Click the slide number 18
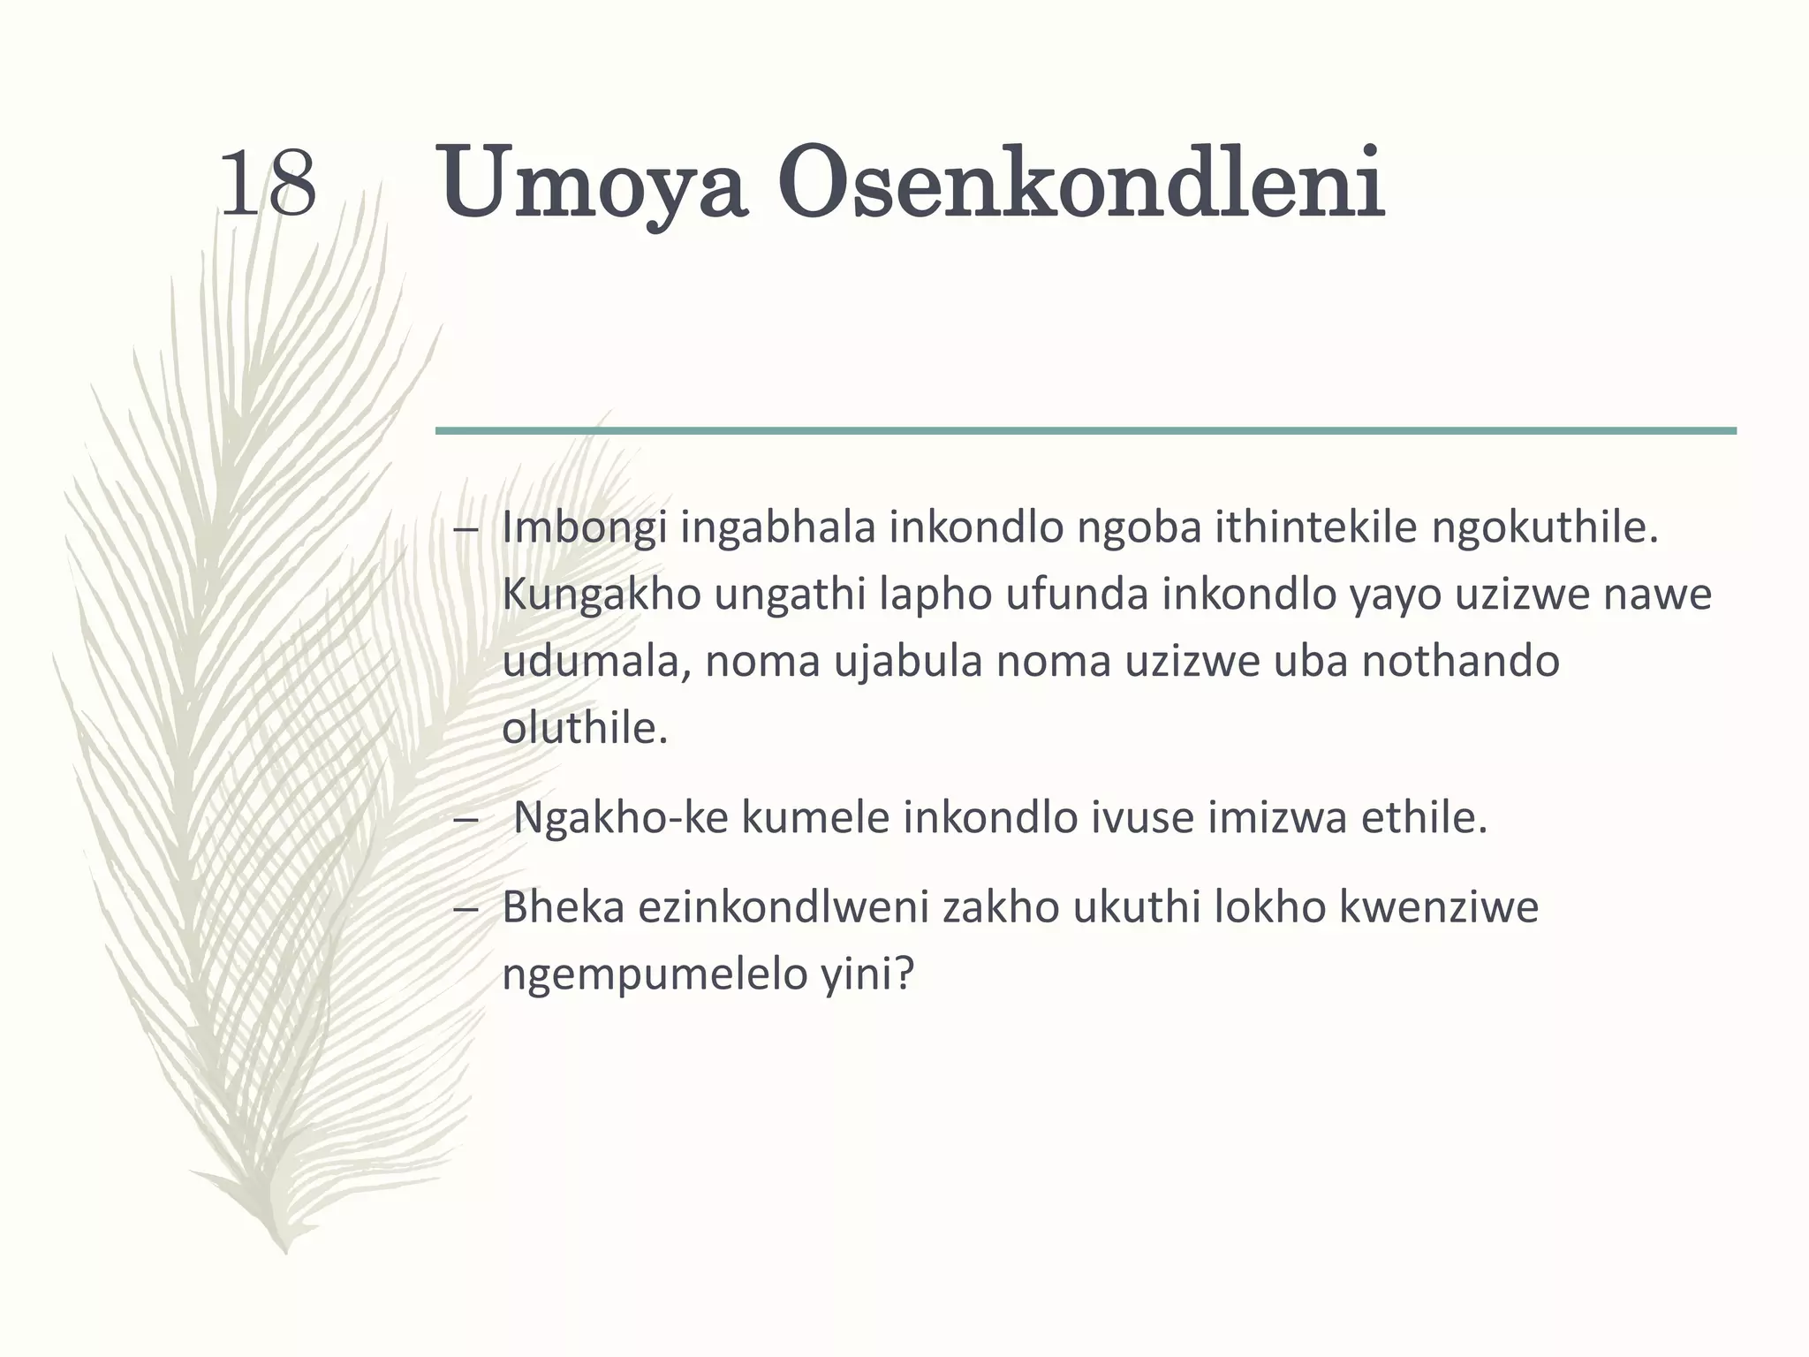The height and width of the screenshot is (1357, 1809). [x=267, y=184]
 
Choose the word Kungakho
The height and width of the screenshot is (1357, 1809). [x=600, y=595]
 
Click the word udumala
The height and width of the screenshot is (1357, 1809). [x=595, y=662]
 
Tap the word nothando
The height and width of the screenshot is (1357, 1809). [x=1460, y=662]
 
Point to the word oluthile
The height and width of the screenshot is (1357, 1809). [x=585, y=729]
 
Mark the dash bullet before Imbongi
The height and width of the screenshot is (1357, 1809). [x=465, y=530]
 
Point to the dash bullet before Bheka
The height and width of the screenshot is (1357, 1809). [x=465, y=909]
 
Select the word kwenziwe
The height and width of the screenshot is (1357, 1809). [x=1439, y=907]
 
